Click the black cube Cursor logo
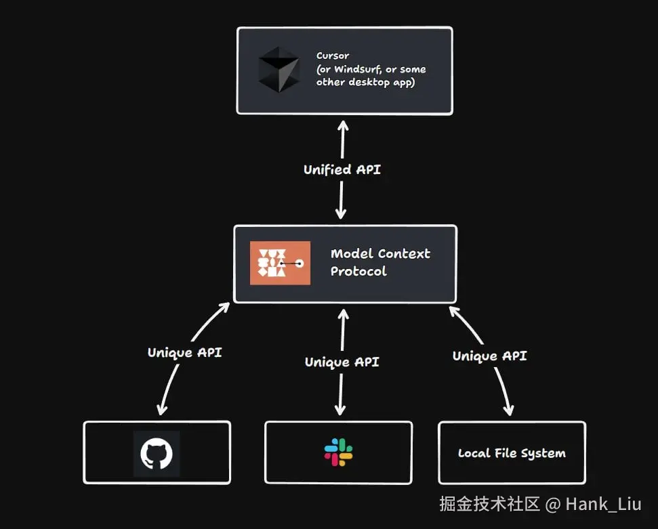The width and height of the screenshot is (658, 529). pyautogui.click(x=278, y=70)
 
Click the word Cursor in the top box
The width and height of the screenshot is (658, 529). pyautogui.click(x=333, y=56)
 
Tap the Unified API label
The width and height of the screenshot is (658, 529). pyautogui.click(x=342, y=169)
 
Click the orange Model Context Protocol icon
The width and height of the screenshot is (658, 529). pyautogui.click(x=280, y=263)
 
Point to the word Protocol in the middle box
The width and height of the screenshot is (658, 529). pyautogui.click(x=358, y=271)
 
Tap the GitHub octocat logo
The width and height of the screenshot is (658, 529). pyautogui.click(x=157, y=453)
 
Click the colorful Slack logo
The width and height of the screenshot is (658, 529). pyautogui.click(x=338, y=452)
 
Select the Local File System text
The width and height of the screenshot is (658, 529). pyautogui.click(x=512, y=453)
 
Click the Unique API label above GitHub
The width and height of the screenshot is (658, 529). pyautogui.click(x=184, y=352)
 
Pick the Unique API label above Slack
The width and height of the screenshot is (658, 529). pyautogui.click(x=342, y=362)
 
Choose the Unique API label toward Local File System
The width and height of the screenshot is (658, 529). pyautogui.click(x=489, y=356)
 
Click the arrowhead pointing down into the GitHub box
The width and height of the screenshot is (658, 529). pyautogui.click(x=161, y=409)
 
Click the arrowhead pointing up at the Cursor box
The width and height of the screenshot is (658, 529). pyautogui.click(x=343, y=125)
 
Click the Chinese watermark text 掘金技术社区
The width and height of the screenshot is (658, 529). pyautogui.click(x=489, y=504)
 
